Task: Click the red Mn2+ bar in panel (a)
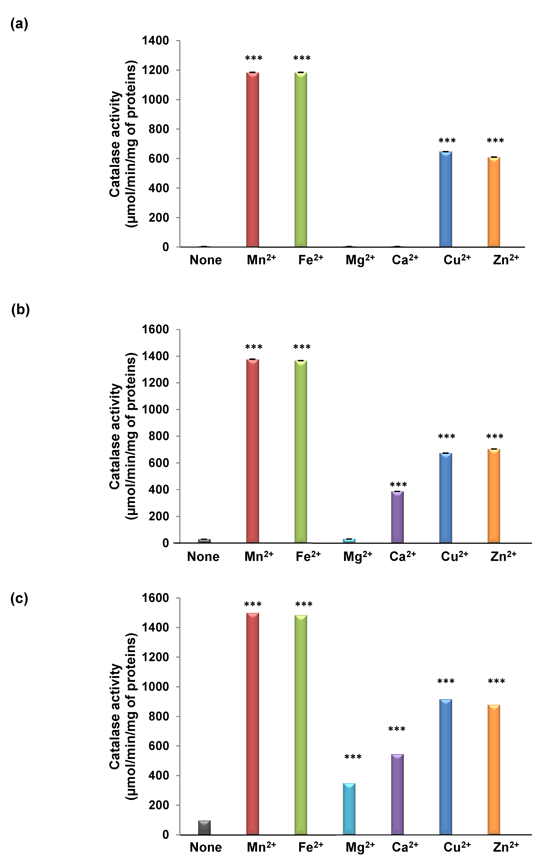point(252,160)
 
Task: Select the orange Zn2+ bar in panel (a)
point(494,202)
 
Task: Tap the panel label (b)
point(20,310)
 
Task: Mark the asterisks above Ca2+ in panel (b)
point(398,485)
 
